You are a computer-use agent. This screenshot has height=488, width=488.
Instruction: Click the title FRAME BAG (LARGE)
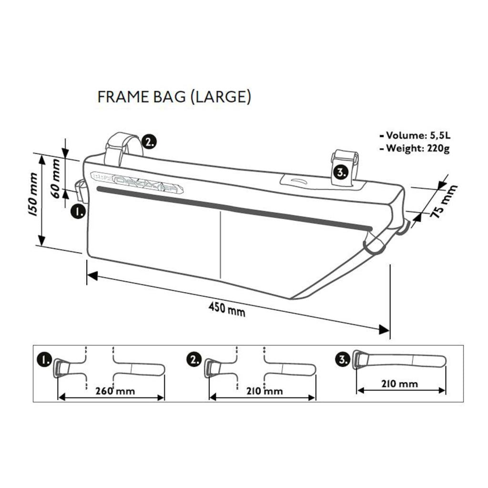tap(174, 97)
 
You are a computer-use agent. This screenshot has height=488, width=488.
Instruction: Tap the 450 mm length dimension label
tap(227, 310)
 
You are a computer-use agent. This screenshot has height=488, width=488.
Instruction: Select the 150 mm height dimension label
tap(32, 195)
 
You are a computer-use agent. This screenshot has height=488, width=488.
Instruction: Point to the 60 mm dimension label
tap(56, 178)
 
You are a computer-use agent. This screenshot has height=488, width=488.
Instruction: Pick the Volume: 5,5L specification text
tap(414, 135)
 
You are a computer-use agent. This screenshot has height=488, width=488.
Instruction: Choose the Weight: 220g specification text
tap(414, 148)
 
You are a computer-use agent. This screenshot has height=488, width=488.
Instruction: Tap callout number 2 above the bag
tap(150, 142)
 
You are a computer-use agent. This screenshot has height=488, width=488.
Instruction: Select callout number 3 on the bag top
tap(340, 173)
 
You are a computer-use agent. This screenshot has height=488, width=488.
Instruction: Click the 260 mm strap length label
tap(115, 391)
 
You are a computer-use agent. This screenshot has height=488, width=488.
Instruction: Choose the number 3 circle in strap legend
tap(343, 360)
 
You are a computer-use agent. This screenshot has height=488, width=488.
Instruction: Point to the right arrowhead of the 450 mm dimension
tap(384, 330)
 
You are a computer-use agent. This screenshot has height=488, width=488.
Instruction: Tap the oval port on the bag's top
tap(299, 181)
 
